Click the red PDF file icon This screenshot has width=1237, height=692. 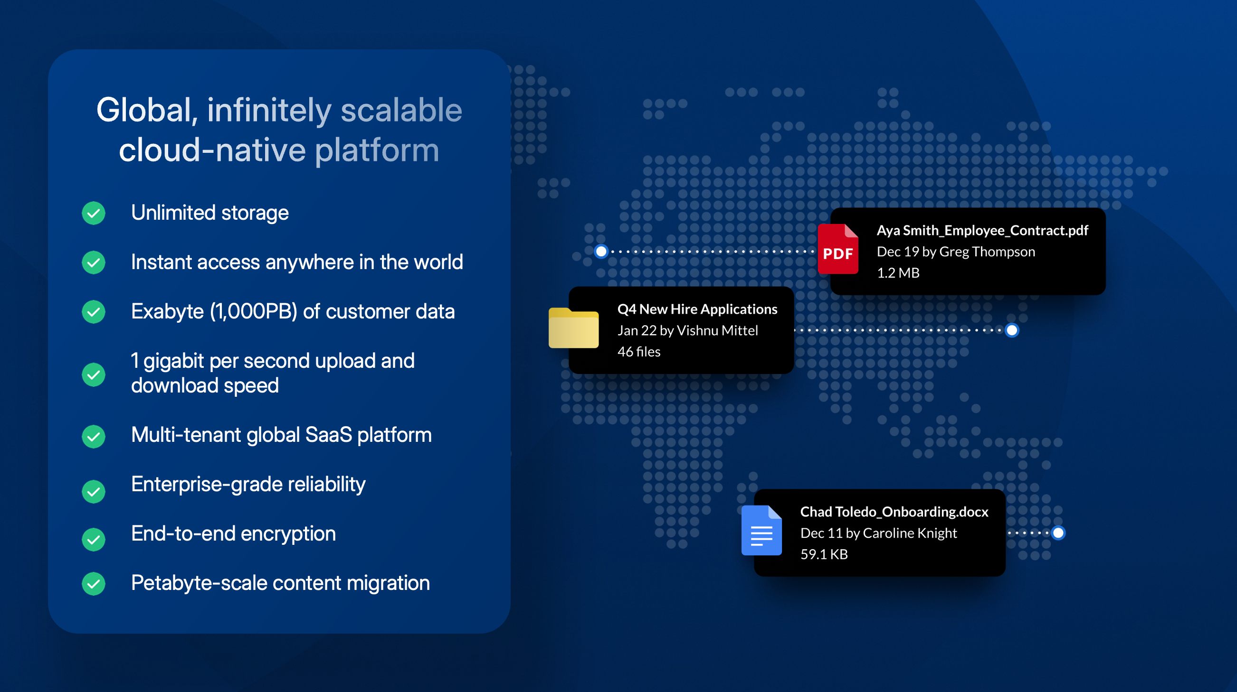(838, 249)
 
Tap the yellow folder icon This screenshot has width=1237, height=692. (573, 328)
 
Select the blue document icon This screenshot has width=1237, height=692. (761, 530)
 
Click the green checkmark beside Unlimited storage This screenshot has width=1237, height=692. (94, 213)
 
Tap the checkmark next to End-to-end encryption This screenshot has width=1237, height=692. (94, 539)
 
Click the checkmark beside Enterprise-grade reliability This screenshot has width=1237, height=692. (94, 491)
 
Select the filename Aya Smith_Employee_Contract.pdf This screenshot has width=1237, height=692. (982, 230)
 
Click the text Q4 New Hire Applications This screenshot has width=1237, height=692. (697, 309)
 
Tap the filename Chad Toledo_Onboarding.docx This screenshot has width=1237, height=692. (894, 512)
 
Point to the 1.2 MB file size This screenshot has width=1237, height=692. (898, 272)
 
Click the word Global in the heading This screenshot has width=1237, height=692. (147, 111)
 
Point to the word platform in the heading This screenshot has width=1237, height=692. (377, 150)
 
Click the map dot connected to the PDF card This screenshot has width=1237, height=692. (601, 251)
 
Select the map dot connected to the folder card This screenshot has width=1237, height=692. (1012, 330)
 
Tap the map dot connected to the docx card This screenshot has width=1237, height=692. (1058, 533)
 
